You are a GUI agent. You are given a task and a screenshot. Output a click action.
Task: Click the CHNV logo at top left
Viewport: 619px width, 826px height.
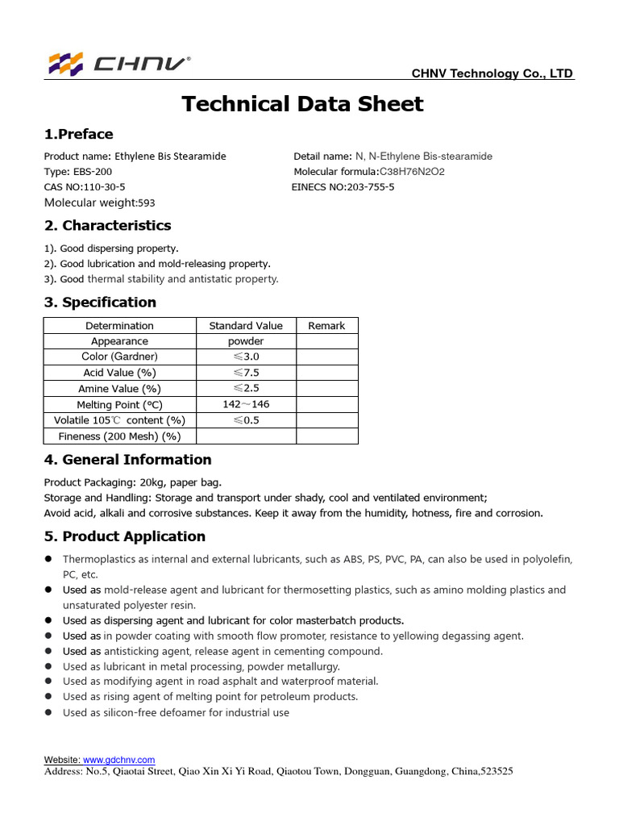[119, 64]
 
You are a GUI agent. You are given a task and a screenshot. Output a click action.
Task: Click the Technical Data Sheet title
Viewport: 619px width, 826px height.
[302, 104]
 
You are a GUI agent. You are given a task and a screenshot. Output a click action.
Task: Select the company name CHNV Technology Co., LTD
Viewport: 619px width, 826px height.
[492, 73]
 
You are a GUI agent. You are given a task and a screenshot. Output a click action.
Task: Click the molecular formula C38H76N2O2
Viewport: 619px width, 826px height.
[412, 172]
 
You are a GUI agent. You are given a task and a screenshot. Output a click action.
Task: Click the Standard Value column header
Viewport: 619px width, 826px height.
[246, 326]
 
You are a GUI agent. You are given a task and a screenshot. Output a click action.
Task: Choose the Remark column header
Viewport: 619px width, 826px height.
[326, 326]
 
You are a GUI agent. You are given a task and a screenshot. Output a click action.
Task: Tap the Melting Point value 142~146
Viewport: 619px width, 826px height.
[246, 404]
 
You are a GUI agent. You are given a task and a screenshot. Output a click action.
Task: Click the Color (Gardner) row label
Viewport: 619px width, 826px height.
[119, 357]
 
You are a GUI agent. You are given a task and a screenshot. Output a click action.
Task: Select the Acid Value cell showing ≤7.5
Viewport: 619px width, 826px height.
[246, 373]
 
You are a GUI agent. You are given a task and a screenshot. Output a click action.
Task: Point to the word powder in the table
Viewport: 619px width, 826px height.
[246, 341]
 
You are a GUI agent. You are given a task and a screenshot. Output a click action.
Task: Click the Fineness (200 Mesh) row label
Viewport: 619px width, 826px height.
[119, 436]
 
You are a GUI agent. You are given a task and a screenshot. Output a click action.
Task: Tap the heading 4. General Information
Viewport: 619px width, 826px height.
[127, 460]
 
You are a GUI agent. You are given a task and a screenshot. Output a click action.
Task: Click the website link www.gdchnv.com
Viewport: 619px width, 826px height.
[118, 760]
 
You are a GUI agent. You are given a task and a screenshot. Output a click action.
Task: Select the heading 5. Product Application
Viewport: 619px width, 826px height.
[124, 536]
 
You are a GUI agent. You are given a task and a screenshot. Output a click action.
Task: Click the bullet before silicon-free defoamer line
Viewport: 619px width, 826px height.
[48, 712]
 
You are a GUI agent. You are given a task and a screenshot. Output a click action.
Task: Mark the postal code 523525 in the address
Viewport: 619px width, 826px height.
[496, 772]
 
